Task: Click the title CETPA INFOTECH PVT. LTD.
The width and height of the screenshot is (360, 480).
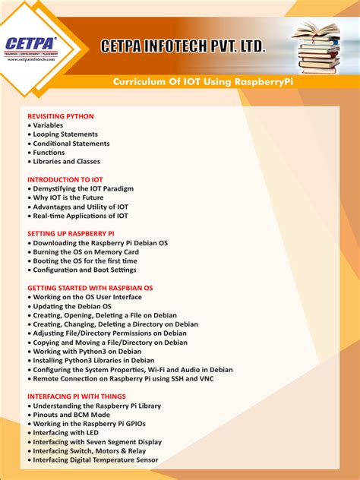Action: click(x=184, y=47)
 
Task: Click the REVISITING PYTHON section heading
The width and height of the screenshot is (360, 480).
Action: click(x=61, y=116)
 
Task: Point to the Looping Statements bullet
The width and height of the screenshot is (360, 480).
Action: click(x=65, y=134)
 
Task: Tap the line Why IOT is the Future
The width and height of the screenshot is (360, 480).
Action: click(x=70, y=197)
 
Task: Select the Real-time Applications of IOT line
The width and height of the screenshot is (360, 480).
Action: click(x=81, y=216)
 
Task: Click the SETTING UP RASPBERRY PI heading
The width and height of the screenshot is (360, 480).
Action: click(x=71, y=233)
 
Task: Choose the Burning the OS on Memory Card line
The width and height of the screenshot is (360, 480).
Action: click(x=86, y=251)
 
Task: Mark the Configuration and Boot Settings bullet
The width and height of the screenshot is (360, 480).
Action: click(x=84, y=270)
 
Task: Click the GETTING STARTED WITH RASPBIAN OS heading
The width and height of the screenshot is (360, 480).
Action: click(x=90, y=288)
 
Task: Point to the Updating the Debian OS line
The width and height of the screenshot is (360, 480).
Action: click(x=72, y=306)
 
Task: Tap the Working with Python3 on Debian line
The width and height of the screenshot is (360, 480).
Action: click(x=87, y=351)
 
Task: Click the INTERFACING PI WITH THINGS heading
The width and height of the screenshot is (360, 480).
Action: click(x=77, y=396)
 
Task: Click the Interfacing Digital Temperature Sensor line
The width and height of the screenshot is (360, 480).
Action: click(x=96, y=459)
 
